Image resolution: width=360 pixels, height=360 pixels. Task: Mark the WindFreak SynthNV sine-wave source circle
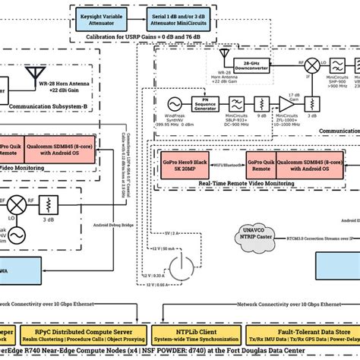[173, 103]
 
